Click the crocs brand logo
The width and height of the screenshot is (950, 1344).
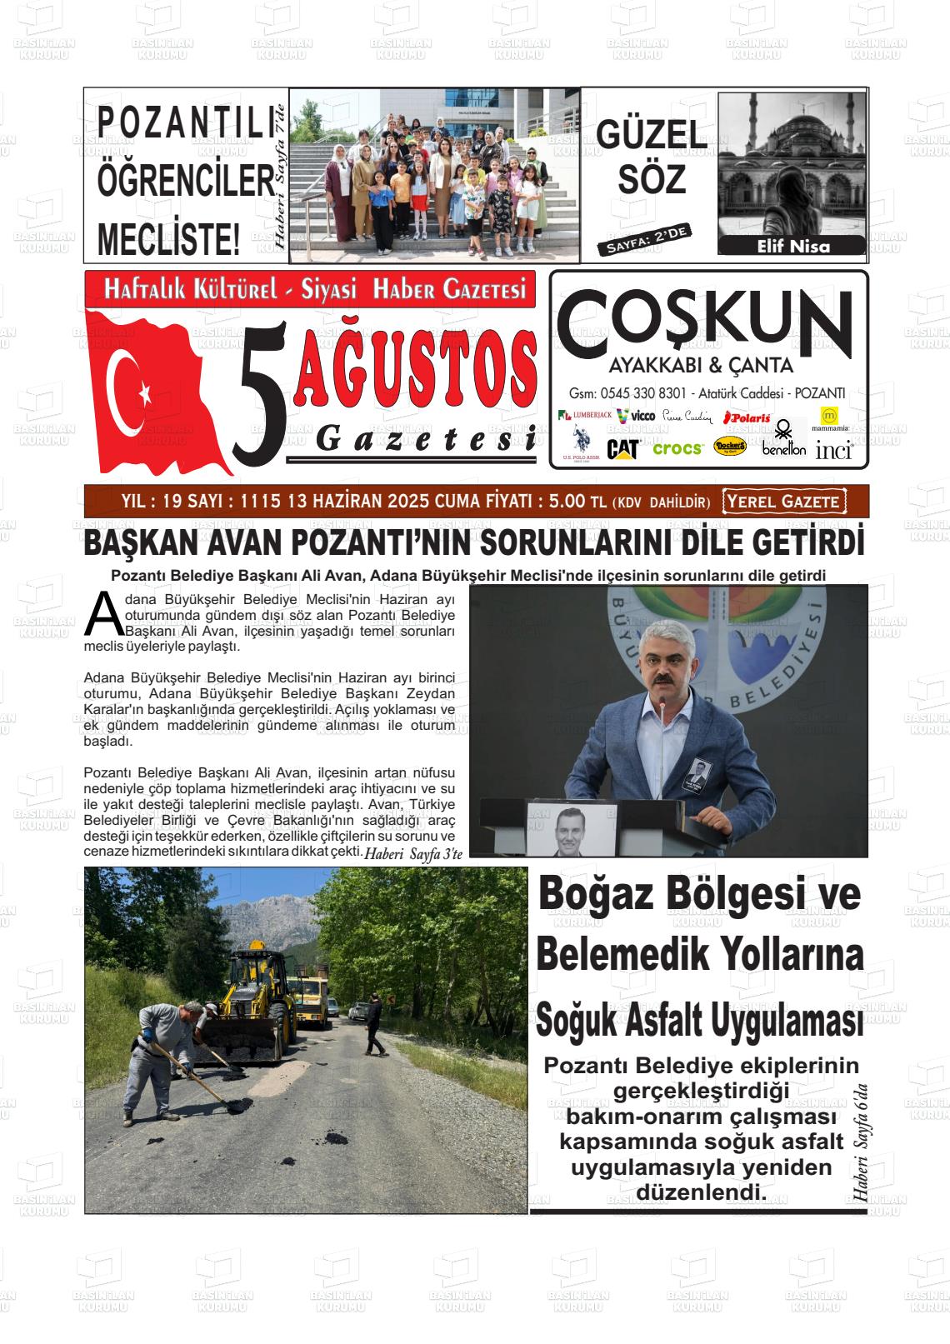tap(677, 448)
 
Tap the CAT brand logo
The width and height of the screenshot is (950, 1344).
tap(622, 449)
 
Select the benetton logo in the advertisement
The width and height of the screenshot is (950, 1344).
tap(783, 442)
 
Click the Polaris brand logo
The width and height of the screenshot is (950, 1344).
tap(747, 417)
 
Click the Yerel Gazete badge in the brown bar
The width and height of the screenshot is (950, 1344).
tap(783, 502)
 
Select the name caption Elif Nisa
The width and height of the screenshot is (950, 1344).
tap(792, 246)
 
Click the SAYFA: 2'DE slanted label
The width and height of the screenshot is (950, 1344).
tap(645, 239)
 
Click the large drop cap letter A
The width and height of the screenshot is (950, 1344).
tap(103, 614)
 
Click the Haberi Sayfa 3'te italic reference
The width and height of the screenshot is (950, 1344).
tap(412, 853)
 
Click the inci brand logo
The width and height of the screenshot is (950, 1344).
tap(833, 451)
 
